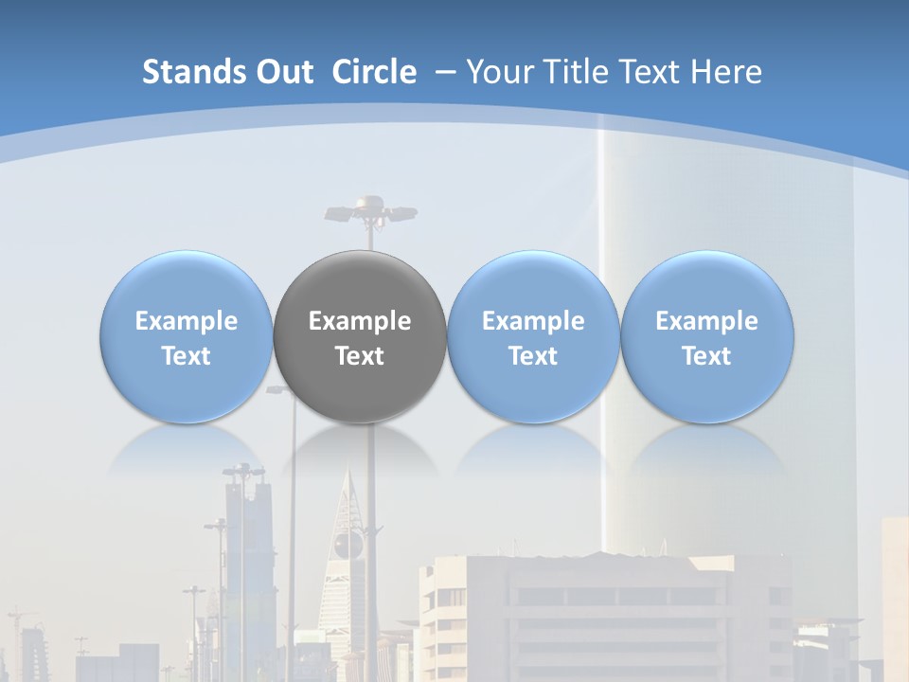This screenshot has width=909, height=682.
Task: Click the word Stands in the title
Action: pos(194,72)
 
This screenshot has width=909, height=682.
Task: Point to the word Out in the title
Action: pos(284,72)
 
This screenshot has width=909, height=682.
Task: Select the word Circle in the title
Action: pos(374,72)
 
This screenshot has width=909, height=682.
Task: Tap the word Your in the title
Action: pos(500,72)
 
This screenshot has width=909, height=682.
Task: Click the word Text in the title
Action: pos(654,72)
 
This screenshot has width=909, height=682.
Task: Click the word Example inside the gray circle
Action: pos(360,321)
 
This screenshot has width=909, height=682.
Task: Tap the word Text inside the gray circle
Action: pos(360,356)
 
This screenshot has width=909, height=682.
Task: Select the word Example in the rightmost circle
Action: pos(707,321)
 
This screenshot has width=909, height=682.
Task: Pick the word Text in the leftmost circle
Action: pos(187,356)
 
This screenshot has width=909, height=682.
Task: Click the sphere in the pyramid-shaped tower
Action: pos(347,545)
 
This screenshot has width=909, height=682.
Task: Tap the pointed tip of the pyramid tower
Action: pos(348,468)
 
